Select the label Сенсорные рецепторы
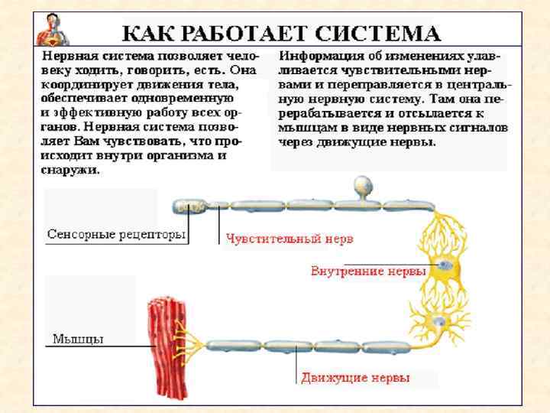[x=116, y=234]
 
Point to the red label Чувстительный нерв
[x=289, y=239]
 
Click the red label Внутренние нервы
[x=368, y=272]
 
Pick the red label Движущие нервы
[x=355, y=378]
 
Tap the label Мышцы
[x=78, y=338]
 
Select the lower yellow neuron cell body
[x=439, y=322]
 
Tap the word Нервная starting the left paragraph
[x=70, y=56]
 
